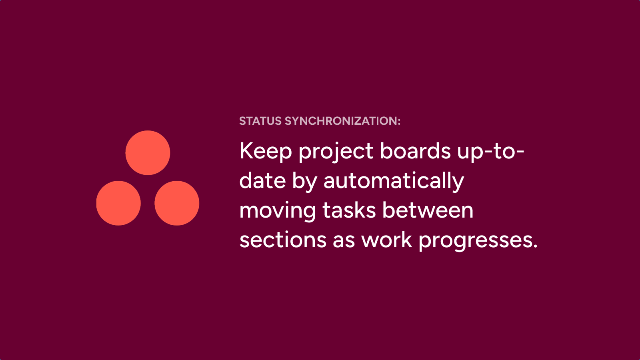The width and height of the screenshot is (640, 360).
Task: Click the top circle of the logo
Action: [x=148, y=153]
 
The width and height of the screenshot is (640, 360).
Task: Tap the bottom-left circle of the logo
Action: [x=118, y=203]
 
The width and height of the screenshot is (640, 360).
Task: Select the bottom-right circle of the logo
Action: [x=177, y=203]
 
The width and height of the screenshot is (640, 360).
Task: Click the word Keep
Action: [x=266, y=152]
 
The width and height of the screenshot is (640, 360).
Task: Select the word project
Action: [x=336, y=152]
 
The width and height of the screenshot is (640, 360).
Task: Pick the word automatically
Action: [x=394, y=181]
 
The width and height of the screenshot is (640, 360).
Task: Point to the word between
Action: [x=428, y=210]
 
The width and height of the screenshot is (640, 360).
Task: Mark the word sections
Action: [x=283, y=240]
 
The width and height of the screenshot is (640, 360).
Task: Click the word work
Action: [x=386, y=239]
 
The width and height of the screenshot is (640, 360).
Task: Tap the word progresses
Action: [x=476, y=240]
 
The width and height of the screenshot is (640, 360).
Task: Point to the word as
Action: [x=344, y=241]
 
